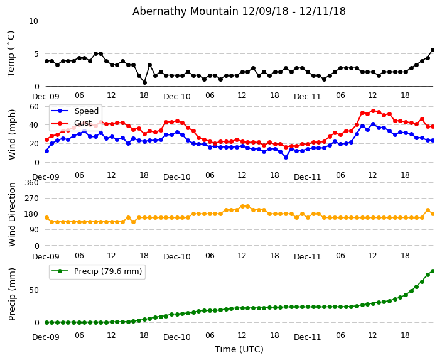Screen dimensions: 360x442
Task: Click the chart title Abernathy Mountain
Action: pos(239,11)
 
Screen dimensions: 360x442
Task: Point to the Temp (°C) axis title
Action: pos(11,53)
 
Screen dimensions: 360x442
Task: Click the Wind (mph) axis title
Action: pos(12,134)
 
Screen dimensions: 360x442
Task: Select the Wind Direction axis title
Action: pos(12,214)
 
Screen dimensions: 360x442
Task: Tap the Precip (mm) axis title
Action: pos(12,294)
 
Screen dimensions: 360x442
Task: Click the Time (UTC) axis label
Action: pos(239,349)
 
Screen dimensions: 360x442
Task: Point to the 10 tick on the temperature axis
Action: pos(33,21)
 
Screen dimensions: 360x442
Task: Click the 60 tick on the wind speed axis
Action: pos(33,106)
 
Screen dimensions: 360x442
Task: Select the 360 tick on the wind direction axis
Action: pos(31,183)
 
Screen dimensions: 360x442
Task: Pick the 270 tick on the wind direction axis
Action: pos(31,199)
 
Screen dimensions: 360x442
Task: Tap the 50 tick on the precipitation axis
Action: pos(33,290)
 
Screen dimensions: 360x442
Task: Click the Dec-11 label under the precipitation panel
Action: pos(308,337)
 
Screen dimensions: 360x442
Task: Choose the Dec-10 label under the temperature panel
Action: pos(177,97)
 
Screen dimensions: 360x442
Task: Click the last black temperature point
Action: pos(433,50)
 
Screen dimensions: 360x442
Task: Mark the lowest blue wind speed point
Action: pos(286,157)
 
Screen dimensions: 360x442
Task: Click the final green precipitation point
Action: pos(433,271)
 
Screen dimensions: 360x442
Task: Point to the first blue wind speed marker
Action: pos(46,151)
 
